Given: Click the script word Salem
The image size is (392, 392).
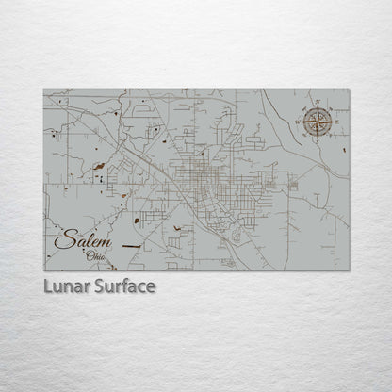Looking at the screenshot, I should [83, 241].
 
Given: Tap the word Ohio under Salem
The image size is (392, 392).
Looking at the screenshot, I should [96, 254].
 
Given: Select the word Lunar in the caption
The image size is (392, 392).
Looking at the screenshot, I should [67, 286].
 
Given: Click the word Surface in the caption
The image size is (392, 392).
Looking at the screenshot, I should [123, 286].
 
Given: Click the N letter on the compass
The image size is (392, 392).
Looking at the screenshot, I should [318, 107].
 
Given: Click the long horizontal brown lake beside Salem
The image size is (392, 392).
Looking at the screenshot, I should [132, 248].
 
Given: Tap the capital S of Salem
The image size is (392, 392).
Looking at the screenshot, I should [61, 241].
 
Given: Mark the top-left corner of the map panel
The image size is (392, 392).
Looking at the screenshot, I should [44, 90].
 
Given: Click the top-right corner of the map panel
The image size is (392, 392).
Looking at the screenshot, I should [349, 90].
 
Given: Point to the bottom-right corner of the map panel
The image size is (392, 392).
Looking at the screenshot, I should [349, 270].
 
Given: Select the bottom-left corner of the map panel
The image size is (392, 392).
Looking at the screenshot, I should [44, 270].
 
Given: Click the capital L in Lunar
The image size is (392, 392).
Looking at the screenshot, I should [47, 286].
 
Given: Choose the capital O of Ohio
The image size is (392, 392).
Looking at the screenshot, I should [89, 254].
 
